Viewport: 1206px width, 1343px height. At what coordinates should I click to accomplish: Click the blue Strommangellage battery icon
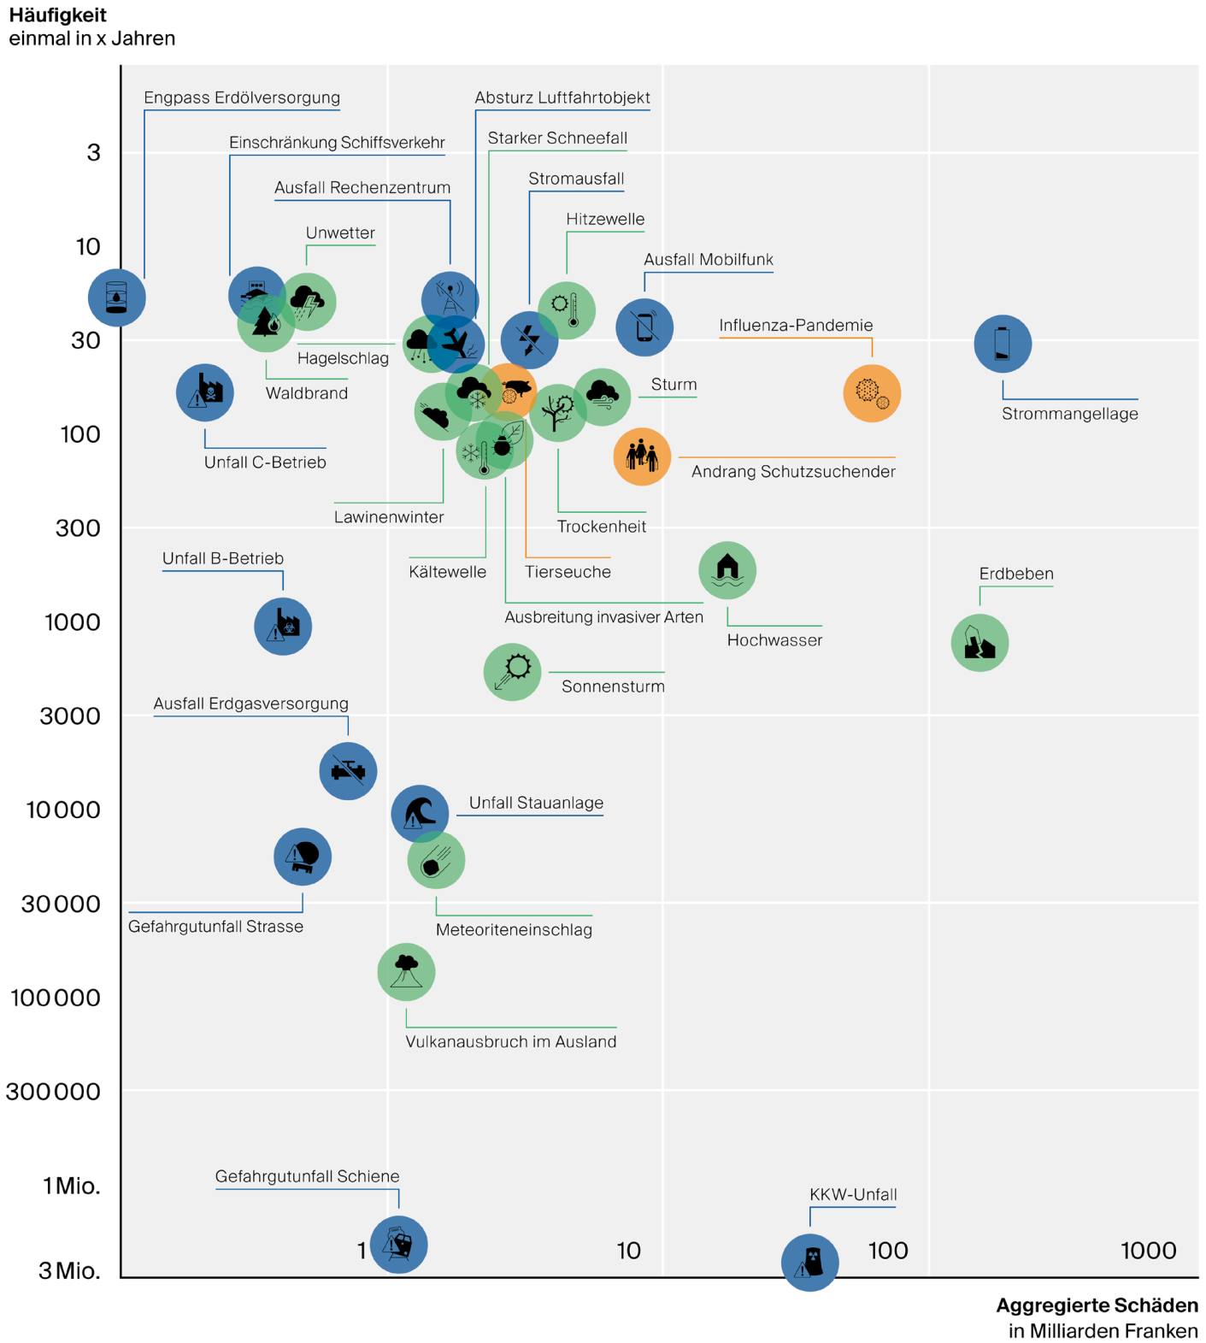(1003, 344)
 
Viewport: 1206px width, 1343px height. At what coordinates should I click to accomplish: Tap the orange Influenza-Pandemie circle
(872, 393)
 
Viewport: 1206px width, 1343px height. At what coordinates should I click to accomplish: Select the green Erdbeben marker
(980, 643)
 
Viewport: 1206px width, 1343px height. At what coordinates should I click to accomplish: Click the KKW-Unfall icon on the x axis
(809, 1262)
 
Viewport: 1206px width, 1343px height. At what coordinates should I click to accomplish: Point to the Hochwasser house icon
(727, 570)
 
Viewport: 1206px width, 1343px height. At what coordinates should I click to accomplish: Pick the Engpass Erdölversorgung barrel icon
(117, 297)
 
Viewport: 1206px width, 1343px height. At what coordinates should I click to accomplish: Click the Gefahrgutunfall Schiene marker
(398, 1244)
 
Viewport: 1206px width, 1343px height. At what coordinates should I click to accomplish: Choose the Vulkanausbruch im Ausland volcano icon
(406, 972)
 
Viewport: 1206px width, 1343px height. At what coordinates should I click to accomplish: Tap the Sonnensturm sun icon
(512, 672)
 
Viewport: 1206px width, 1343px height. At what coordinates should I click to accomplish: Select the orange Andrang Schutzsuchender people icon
(642, 457)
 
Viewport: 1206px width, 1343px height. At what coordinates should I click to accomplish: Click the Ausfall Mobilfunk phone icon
(644, 327)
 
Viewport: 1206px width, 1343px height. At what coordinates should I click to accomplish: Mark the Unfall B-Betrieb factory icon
(283, 627)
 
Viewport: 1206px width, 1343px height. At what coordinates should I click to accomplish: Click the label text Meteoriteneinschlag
(514, 930)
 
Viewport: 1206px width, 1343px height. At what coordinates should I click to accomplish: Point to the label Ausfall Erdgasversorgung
(250, 704)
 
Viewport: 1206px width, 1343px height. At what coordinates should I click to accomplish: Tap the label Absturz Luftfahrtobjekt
(562, 97)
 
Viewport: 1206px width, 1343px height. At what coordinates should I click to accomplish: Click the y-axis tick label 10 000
(63, 810)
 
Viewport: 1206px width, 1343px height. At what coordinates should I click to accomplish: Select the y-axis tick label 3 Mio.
(69, 1271)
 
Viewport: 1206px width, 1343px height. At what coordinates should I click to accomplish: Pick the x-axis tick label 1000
(1148, 1251)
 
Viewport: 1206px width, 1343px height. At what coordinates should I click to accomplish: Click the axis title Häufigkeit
(58, 15)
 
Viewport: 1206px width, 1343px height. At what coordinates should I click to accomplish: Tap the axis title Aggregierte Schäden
(1097, 1305)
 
